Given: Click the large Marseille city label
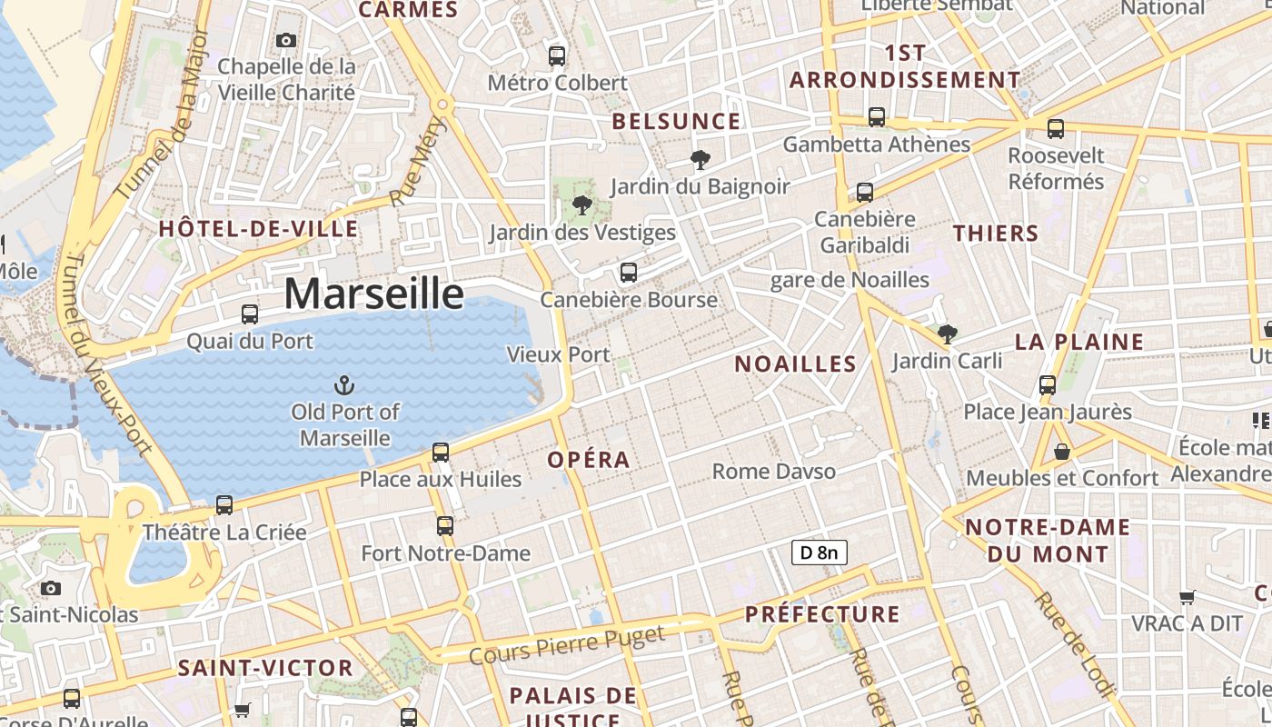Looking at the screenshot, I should (373, 294).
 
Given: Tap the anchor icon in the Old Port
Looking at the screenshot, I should (343, 385).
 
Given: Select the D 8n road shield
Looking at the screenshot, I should (819, 552).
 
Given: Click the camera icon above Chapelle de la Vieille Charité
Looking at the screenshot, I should (286, 40).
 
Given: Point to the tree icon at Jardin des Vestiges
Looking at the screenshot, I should (582, 205).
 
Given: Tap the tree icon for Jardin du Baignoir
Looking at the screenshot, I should (700, 160).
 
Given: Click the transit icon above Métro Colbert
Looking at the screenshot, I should (557, 56).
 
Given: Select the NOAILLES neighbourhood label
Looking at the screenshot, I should (795, 364).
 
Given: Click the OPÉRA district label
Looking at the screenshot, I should (589, 460).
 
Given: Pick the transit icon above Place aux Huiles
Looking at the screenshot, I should (441, 452).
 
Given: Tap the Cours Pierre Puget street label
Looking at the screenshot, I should (567, 644).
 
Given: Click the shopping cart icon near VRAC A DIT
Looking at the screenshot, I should (1187, 597).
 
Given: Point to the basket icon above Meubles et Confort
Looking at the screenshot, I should (1061, 451).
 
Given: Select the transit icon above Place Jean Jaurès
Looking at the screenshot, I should (1048, 384).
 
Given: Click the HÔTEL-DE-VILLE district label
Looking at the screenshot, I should (258, 229).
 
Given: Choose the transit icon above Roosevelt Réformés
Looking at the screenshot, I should (1055, 128).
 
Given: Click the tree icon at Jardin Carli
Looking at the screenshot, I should (947, 334).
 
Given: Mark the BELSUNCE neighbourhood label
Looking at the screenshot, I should (676, 122).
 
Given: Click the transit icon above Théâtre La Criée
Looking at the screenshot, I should (224, 504).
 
